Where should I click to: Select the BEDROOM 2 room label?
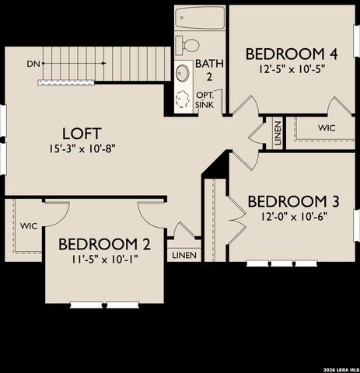104,244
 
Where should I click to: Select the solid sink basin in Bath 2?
183,74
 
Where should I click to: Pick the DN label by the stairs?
33,63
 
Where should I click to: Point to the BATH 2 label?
208,69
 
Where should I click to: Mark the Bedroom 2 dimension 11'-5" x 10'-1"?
104,260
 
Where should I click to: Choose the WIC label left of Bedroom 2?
29,226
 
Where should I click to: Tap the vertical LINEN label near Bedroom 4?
278,133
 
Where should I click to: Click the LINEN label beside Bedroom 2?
184,254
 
